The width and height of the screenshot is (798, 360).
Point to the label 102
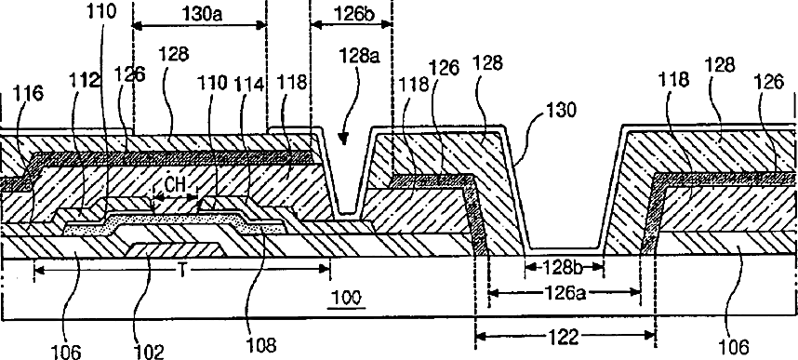[x=149, y=352]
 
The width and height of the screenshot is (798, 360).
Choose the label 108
[x=260, y=346]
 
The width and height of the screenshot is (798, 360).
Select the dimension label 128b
[x=564, y=266]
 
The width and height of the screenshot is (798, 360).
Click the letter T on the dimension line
[x=181, y=273]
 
